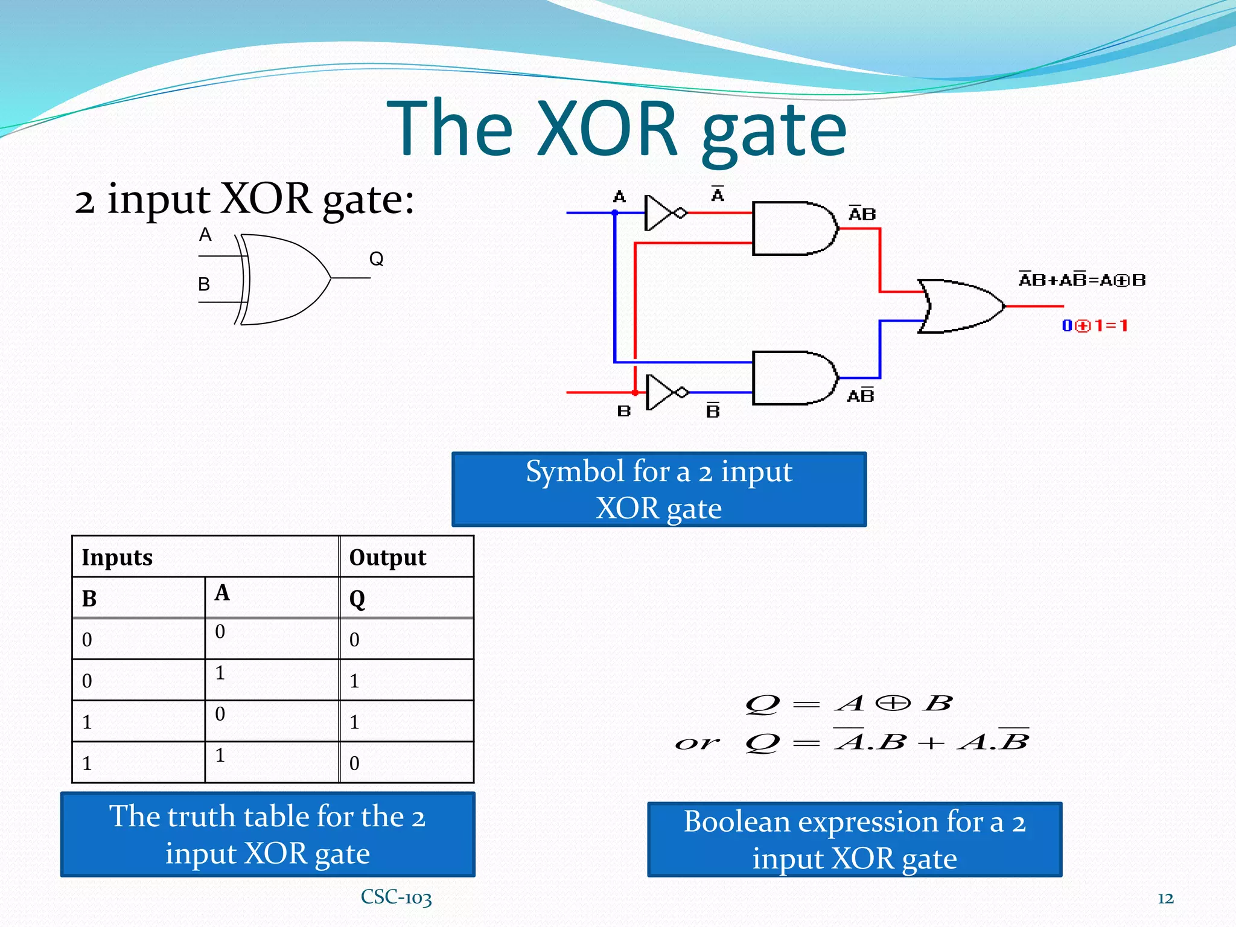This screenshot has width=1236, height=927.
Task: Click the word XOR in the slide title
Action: point(607,129)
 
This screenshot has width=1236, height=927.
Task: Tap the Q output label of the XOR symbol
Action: point(376,259)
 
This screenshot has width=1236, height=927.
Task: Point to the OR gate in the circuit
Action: point(960,306)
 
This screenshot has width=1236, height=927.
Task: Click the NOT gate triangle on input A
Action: point(659,213)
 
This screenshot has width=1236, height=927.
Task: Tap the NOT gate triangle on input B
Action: point(660,392)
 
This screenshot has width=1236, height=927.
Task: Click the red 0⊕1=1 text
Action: point(1095,326)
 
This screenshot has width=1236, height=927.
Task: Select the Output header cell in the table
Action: point(406,557)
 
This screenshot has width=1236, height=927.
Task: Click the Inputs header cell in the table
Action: point(205,557)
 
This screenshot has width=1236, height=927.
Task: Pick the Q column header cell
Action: point(406,598)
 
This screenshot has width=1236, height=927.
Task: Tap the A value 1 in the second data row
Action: point(221,673)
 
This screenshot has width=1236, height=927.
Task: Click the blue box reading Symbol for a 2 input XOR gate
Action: point(658,489)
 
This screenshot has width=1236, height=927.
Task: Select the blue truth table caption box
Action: point(267,835)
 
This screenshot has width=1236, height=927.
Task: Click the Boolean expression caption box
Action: point(854,839)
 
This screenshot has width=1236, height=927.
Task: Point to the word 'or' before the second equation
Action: point(697,743)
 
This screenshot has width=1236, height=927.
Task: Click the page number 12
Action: point(1165,899)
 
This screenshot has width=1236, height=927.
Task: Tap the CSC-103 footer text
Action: point(396,897)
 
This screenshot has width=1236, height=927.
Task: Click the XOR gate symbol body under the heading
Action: point(284,279)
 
